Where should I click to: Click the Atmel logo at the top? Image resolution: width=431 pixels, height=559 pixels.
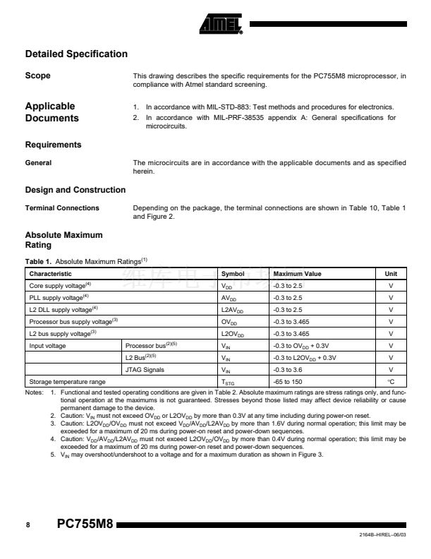[x=221, y=25]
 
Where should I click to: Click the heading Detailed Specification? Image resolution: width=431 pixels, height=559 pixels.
[x=76, y=54]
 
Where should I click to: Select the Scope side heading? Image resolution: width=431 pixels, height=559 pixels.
[x=37, y=76]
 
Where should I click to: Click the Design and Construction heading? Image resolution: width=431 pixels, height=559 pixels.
[x=75, y=190]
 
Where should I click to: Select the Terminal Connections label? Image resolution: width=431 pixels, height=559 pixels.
[x=62, y=208]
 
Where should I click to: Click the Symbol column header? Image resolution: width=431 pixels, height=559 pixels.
[x=233, y=274]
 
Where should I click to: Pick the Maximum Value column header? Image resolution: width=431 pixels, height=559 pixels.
[x=298, y=274]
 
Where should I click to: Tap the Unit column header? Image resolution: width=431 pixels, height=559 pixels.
[x=390, y=274]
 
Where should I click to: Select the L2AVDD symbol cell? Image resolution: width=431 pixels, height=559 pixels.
[x=233, y=310]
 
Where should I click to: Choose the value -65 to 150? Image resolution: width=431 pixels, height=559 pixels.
[x=290, y=381]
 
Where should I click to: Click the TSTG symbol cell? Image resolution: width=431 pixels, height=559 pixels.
[x=228, y=382]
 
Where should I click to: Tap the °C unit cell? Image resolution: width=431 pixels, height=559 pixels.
[x=390, y=381]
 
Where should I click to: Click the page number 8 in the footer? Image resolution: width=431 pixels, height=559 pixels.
[x=28, y=526]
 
